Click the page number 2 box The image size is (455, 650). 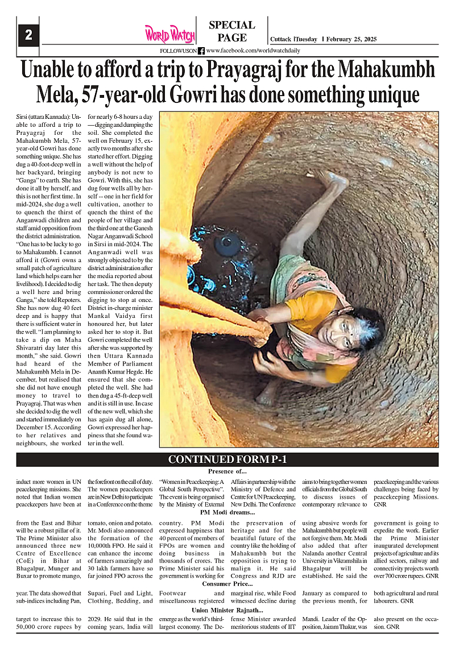(28, 35)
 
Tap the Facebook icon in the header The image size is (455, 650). (201, 51)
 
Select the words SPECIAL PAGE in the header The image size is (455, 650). (231, 31)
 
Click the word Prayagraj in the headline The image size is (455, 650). (245, 71)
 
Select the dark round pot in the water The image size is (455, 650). (227, 244)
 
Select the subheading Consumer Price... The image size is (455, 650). (227, 584)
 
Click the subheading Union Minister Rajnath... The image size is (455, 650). (227, 610)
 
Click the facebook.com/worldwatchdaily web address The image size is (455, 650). (253, 51)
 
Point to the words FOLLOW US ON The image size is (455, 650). (178, 51)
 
